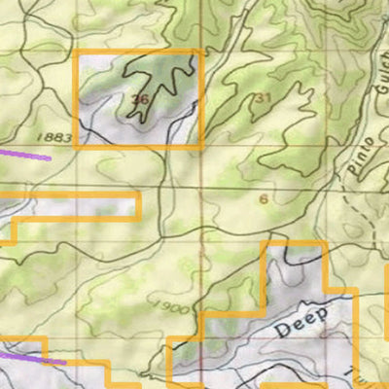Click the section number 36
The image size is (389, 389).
point(140,99)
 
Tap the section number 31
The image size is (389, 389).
point(263,97)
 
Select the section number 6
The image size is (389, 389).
point(264,198)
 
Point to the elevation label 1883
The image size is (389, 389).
point(58,137)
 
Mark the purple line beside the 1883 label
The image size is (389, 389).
point(24,153)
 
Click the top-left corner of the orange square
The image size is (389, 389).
point(78,53)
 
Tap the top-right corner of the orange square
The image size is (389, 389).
point(201,53)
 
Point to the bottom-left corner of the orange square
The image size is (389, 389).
point(78,147)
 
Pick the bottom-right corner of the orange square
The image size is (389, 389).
point(201,147)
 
